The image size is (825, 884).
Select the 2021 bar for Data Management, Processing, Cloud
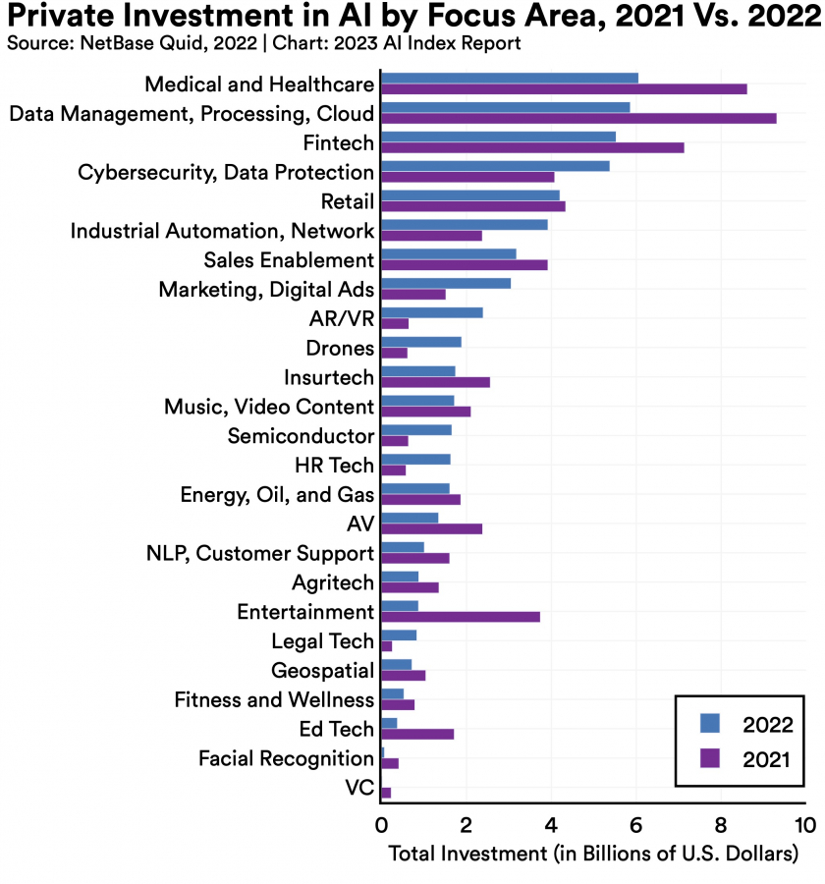click(x=578, y=119)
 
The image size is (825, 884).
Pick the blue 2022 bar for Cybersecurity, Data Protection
click(x=495, y=166)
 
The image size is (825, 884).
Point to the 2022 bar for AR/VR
click(x=431, y=312)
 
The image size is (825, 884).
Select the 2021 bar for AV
click(x=431, y=529)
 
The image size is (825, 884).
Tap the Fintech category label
click(x=338, y=143)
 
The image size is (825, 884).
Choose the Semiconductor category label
click(x=301, y=436)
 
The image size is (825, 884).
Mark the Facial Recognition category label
click(x=286, y=758)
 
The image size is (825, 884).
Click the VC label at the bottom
click(x=359, y=788)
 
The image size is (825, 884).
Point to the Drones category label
click(x=340, y=348)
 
